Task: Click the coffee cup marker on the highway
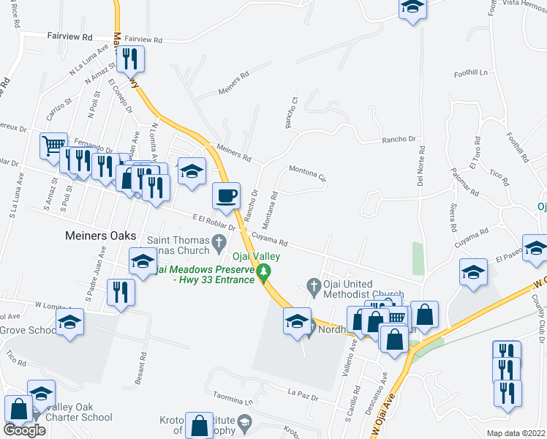coord(226,195)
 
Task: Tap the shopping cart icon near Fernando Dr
coord(53,146)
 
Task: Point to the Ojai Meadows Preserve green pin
coord(265,274)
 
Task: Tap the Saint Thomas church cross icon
coord(218,241)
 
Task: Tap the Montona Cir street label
coord(308,174)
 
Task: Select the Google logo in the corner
coord(25,430)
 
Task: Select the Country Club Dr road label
coord(538,318)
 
